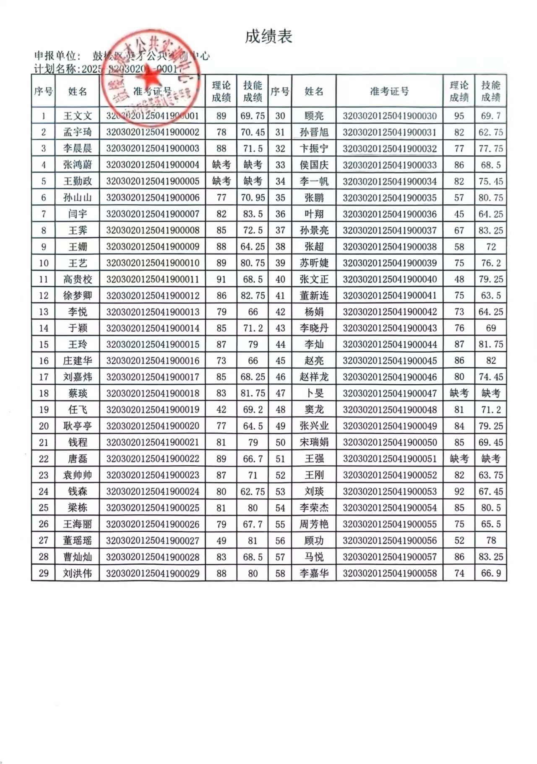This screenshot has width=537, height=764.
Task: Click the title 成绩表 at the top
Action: tap(268, 37)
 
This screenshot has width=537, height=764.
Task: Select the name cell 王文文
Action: tap(77, 116)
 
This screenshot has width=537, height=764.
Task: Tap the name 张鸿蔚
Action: tap(77, 165)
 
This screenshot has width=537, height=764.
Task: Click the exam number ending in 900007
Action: tap(152, 214)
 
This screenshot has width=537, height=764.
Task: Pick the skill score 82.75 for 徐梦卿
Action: tap(253, 296)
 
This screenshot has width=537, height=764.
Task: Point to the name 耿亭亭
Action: tap(77, 426)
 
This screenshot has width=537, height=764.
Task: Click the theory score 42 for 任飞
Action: tap(221, 410)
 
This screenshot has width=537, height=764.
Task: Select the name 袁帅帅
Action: tap(77, 475)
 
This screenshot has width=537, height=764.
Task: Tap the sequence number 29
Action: tap(44, 573)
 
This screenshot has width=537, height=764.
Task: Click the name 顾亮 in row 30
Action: tap(314, 116)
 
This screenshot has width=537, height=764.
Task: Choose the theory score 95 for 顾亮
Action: tap(459, 116)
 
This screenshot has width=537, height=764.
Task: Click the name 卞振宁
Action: tap(314, 149)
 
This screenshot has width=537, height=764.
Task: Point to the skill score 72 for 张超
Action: tap(491, 247)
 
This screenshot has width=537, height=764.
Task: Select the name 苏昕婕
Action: tap(314, 263)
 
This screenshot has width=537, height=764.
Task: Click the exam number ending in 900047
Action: tap(389, 394)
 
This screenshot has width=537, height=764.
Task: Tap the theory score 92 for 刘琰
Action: tap(459, 492)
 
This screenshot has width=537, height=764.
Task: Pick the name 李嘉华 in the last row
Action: tap(314, 573)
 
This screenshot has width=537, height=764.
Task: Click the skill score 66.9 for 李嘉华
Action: tap(491, 573)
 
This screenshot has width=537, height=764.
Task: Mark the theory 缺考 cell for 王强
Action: tap(459, 459)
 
